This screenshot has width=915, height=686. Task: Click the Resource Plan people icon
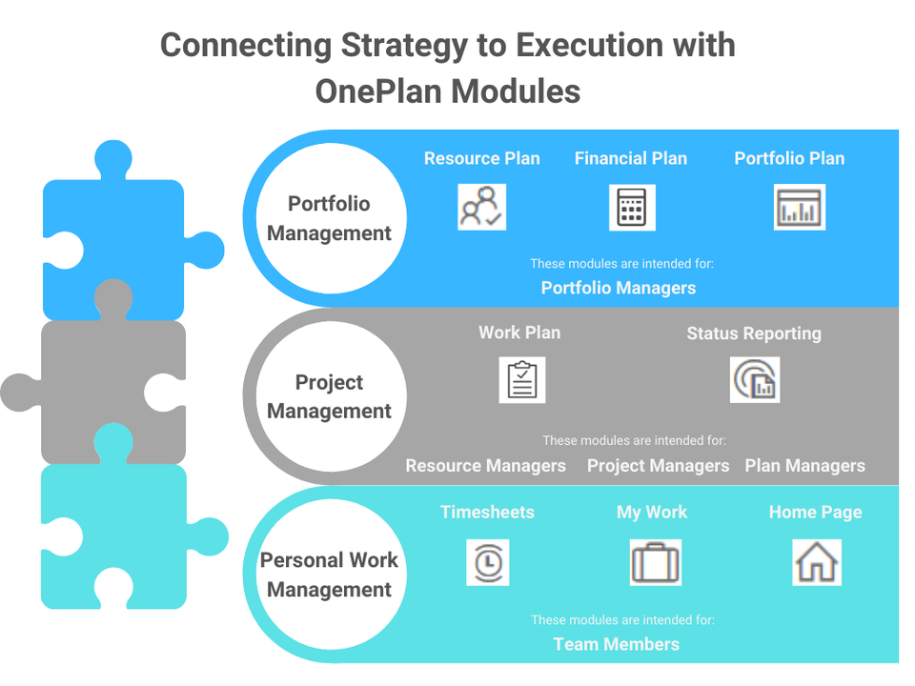click(481, 207)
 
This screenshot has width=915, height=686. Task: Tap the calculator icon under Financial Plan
click(632, 208)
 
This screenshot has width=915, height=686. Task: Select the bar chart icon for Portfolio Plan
click(800, 207)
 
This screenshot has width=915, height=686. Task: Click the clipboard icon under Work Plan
click(522, 380)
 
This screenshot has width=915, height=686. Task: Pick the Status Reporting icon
click(755, 380)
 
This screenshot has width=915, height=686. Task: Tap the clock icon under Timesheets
click(488, 562)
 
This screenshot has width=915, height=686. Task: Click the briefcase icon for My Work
click(656, 562)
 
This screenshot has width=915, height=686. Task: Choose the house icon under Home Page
click(817, 562)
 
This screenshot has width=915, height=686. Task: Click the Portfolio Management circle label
click(329, 218)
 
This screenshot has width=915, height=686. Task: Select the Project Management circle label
click(329, 396)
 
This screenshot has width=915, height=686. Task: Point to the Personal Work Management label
click(329, 575)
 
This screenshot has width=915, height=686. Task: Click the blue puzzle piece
click(113, 233)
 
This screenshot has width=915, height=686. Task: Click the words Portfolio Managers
click(619, 288)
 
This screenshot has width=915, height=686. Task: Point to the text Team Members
click(617, 644)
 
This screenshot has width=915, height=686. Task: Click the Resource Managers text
click(485, 466)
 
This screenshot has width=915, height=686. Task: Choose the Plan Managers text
click(804, 466)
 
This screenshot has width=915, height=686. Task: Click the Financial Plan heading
click(631, 158)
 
